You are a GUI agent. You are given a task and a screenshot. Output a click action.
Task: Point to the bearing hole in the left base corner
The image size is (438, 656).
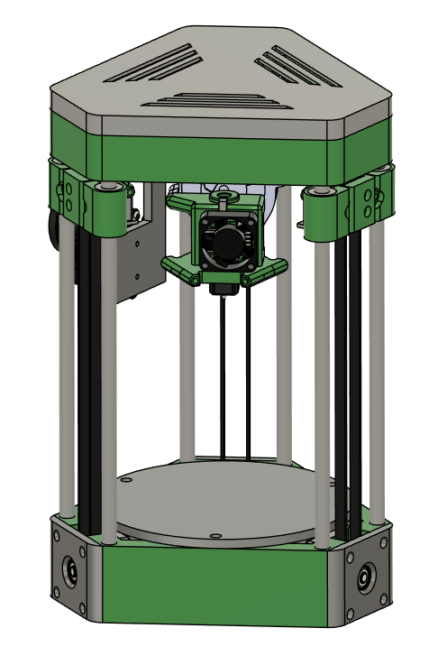[x=69, y=570]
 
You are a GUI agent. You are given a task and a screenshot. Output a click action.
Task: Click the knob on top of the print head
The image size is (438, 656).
[x=220, y=194]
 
